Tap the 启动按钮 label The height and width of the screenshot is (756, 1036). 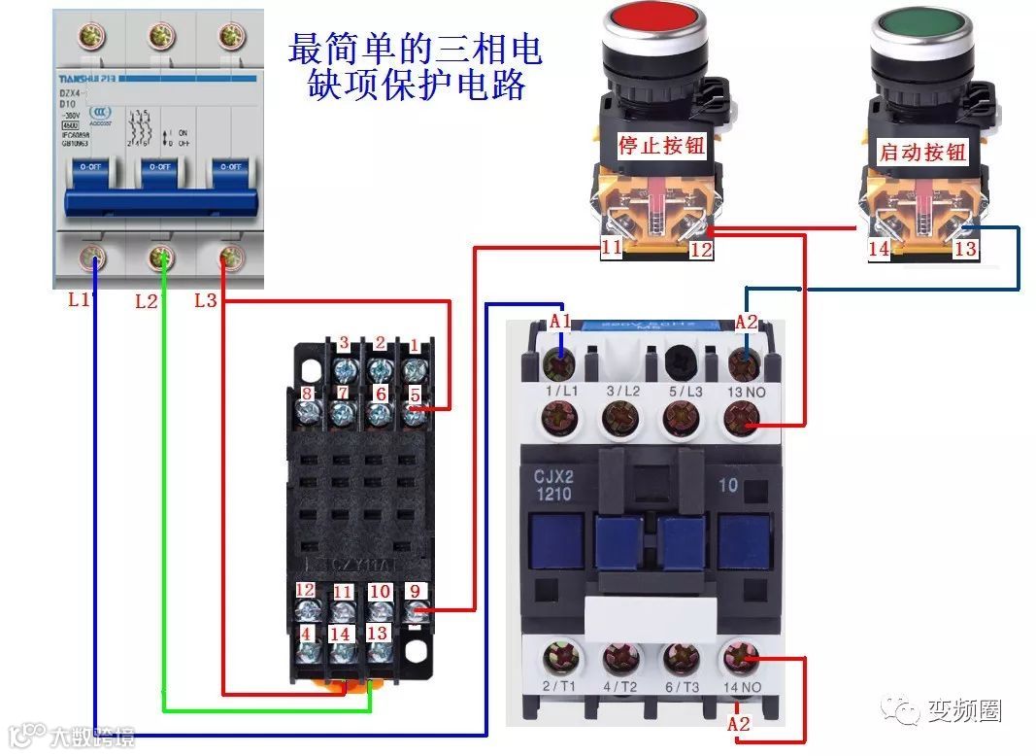(922, 152)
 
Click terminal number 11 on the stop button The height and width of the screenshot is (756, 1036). (611, 248)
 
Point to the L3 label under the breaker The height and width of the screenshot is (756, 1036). (206, 300)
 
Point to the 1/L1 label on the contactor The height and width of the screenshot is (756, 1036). (562, 392)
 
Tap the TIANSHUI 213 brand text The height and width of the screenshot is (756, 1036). (109, 80)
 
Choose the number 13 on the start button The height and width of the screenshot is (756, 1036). (964, 249)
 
